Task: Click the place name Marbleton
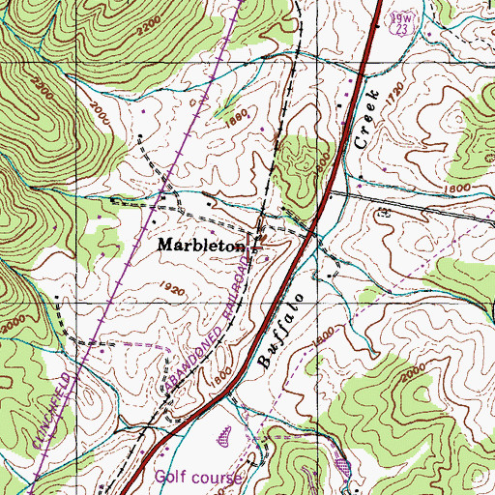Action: pyautogui.click(x=198, y=246)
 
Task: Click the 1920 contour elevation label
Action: pyautogui.click(x=174, y=288)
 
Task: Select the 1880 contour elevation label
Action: pyautogui.click(x=236, y=113)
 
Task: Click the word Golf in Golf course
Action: pyautogui.click(x=170, y=478)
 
